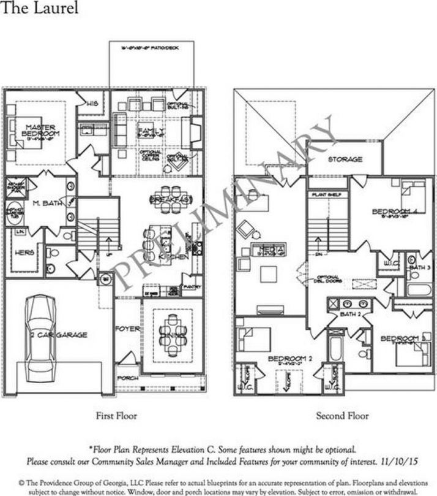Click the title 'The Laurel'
pos(39,9)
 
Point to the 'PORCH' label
pos(127,378)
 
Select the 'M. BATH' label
pos(45,203)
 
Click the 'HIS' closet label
pos(92,103)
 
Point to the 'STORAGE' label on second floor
pos(345,159)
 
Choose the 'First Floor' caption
pos(116,416)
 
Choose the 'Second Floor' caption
pos(342,416)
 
